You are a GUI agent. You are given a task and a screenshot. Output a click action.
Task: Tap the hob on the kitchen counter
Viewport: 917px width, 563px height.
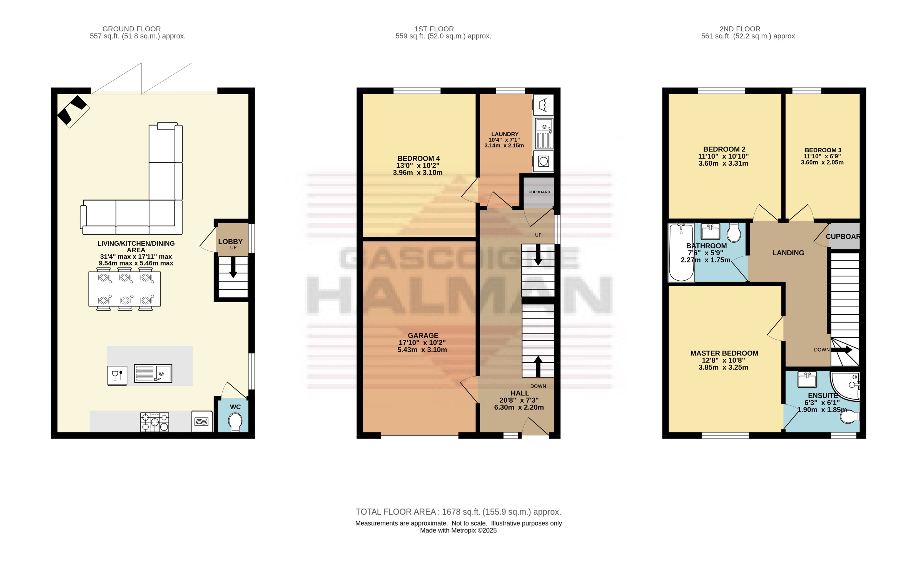(155, 422)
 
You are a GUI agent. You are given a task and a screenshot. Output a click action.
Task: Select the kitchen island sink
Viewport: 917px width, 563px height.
(153, 373)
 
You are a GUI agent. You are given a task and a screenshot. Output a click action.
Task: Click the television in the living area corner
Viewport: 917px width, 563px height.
(73, 111)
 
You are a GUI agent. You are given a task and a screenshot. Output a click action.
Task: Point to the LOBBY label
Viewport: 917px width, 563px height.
(230, 242)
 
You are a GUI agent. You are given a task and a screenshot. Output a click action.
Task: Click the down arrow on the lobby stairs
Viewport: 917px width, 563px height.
(233, 267)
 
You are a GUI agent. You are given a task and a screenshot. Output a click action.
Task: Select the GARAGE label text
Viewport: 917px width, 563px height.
(423, 335)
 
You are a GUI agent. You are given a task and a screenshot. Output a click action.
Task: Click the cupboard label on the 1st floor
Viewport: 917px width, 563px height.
(539, 192)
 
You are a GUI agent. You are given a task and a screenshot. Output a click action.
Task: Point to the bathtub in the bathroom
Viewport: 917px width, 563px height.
(681, 252)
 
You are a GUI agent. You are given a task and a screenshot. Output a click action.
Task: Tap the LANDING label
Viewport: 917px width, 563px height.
(788, 253)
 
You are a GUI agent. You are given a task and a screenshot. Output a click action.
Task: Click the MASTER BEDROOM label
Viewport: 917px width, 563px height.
(724, 353)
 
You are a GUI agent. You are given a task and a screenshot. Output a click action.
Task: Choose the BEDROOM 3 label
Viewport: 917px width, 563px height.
(823, 150)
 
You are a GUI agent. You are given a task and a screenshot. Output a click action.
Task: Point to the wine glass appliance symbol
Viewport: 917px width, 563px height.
(117, 375)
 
